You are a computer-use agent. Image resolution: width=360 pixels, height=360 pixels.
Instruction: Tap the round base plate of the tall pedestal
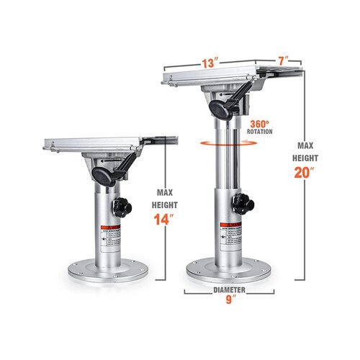point(230,272)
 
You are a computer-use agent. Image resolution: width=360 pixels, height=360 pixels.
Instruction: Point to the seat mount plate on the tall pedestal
point(216,76)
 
